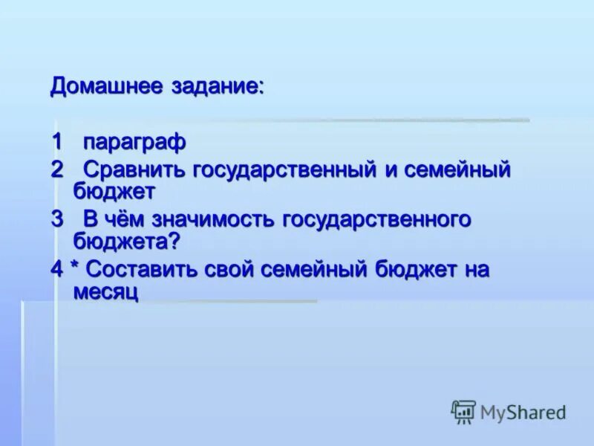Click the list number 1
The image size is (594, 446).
coord(56,140)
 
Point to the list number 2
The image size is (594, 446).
coord(57,169)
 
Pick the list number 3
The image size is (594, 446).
coord(57,219)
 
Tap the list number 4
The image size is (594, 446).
coord(57,269)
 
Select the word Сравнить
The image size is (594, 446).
coord(133,169)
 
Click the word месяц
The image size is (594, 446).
coord(106,291)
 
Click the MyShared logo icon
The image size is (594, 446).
coord(463,411)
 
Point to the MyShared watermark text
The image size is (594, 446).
coord(523,412)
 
